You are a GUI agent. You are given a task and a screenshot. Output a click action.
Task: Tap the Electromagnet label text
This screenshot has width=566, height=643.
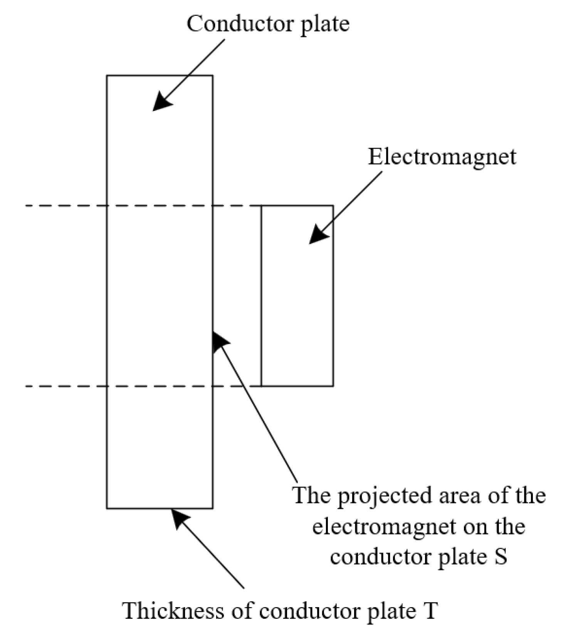point(442,157)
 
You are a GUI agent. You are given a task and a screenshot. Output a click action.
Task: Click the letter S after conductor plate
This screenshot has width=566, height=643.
point(500,557)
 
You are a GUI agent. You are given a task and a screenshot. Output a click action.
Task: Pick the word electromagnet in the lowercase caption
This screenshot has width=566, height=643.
point(384,526)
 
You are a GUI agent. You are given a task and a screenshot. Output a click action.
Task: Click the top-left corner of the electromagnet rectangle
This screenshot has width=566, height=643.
point(262,206)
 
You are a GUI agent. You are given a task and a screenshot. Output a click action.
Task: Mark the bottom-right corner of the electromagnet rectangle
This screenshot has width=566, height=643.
point(333,386)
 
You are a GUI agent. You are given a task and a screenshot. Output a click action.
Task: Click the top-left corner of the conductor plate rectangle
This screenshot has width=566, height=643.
point(107,76)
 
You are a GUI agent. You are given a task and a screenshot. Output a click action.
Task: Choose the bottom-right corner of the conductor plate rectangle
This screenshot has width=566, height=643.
point(212,508)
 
